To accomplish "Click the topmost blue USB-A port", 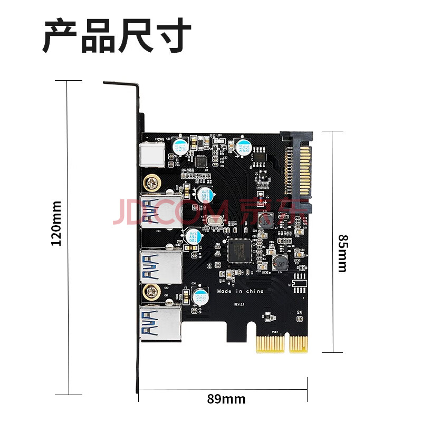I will pyautogui.click(x=160, y=212).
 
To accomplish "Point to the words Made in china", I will pyautogui.click(x=240, y=291).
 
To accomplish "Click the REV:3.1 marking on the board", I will pyautogui.click(x=241, y=305).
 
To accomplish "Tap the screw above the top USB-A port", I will pyautogui.click(x=152, y=184).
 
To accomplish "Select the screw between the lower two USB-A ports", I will pyautogui.click(x=152, y=290).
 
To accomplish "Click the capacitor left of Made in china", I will pyautogui.click(x=200, y=296).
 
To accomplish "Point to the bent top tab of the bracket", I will pyautogui.click(x=121, y=84).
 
